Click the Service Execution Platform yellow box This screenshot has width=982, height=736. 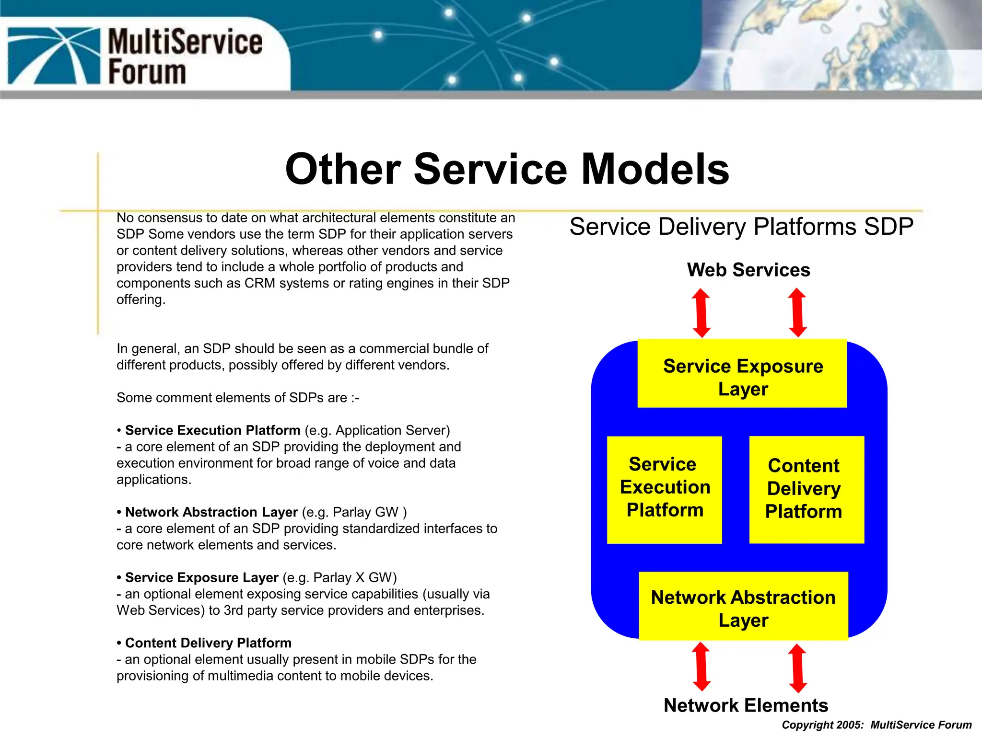(x=665, y=490)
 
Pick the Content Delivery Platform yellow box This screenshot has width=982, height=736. (x=807, y=490)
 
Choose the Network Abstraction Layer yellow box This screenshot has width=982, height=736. (x=743, y=606)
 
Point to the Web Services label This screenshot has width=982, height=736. (x=748, y=270)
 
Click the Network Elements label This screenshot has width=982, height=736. (x=746, y=705)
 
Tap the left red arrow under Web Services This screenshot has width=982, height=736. (x=701, y=313)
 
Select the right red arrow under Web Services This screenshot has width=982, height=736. (x=797, y=313)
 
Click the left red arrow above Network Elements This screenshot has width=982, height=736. (x=701, y=667)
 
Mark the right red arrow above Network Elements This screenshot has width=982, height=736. (x=797, y=668)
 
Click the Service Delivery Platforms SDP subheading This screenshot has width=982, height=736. (x=741, y=227)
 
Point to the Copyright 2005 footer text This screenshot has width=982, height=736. (x=877, y=725)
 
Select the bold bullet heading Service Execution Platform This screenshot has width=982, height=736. (x=212, y=430)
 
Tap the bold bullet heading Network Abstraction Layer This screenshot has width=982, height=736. (x=211, y=512)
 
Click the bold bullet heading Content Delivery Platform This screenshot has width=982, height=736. (x=208, y=643)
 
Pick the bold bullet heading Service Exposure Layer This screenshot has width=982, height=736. (x=201, y=577)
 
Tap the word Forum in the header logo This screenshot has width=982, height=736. (x=147, y=72)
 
